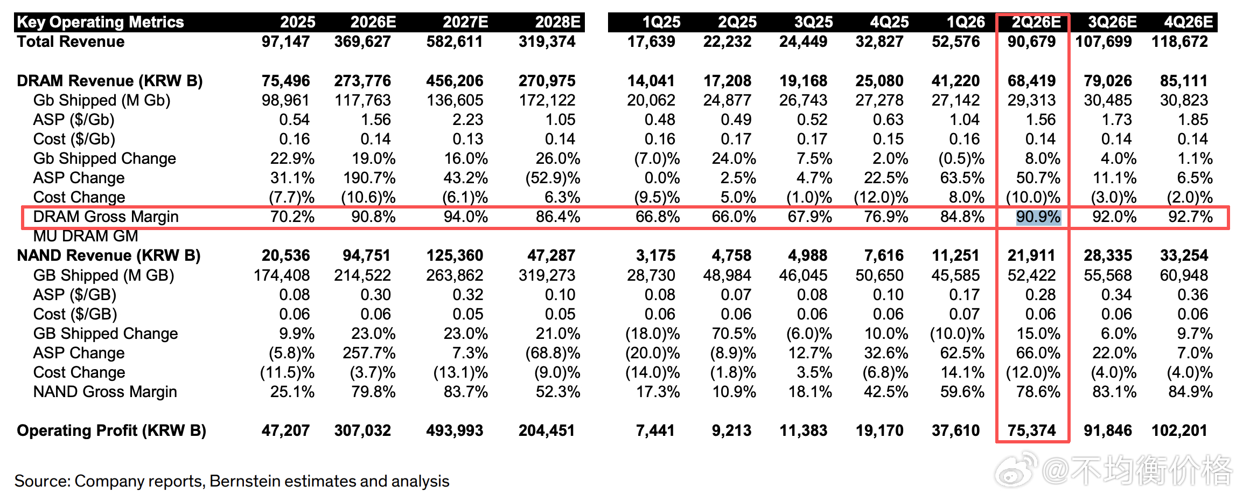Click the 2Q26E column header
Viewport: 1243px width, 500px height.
[1036, 22]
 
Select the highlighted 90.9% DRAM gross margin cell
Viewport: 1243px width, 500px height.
[1038, 217]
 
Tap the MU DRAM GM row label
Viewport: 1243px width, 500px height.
[86, 236]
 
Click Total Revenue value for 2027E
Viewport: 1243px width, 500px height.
[455, 41]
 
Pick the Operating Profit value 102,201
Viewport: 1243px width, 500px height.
[1179, 430]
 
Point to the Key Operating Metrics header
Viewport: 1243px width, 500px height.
[101, 22]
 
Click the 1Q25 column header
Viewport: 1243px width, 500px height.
[661, 22]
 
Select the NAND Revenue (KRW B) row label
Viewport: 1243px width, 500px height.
[109, 255]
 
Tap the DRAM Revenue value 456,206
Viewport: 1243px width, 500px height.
[455, 81]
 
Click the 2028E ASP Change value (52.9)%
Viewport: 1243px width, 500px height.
[553, 178]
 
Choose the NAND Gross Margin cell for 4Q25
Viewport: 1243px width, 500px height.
[886, 392]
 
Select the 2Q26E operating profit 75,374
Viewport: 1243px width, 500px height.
[1032, 430]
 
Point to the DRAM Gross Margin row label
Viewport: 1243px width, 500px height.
[106, 217]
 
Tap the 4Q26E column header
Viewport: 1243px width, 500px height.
[1189, 22]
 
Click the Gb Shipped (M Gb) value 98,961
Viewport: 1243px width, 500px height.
[285, 100]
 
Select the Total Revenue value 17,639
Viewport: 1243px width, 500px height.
[651, 41]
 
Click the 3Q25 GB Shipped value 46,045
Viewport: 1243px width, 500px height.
[803, 275]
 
